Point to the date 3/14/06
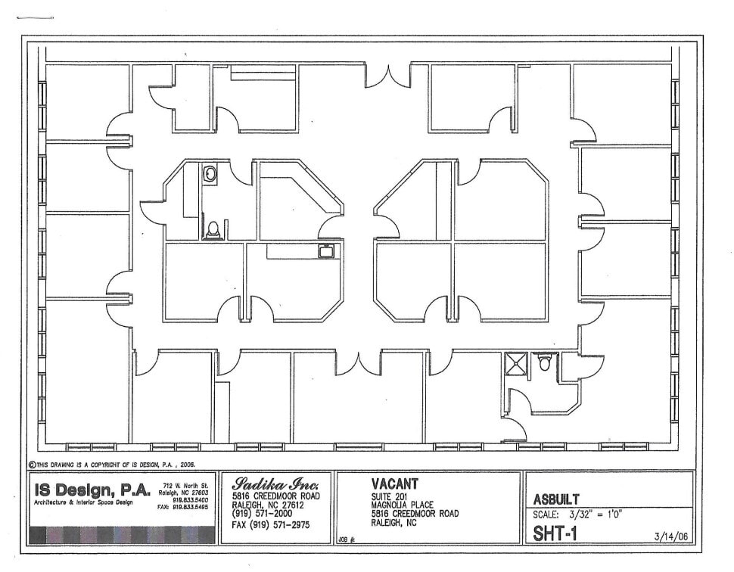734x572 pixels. point(670,536)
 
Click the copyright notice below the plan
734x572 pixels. point(114,465)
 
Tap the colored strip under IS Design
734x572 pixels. point(122,535)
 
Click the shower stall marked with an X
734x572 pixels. point(516,363)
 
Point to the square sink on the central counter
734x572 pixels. point(327,251)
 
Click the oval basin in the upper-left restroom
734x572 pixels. point(210,174)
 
